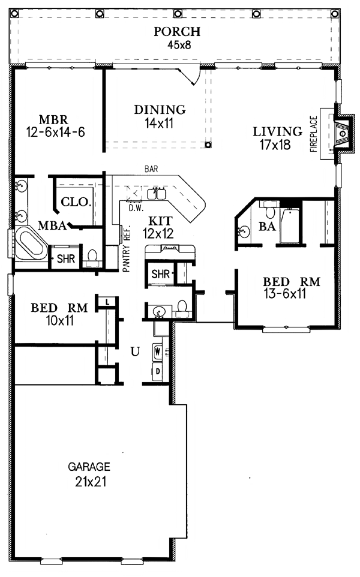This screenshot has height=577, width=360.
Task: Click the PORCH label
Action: [x=177, y=32]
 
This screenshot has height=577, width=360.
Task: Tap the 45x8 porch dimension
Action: [x=179, y=45]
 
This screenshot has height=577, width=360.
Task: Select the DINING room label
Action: [x=160, y=110]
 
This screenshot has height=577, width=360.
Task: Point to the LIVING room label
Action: [x=278, y=131]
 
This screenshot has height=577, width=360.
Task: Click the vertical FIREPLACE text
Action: [x=314, y=134]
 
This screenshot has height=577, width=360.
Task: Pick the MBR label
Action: [x=54, y=119]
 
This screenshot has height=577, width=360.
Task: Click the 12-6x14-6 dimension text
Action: [x=56, y=132]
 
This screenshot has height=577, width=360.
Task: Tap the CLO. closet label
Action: [x=76, y=202]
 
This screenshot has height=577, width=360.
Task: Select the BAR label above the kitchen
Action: [x=151, y=169]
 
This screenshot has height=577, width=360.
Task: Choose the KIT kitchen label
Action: [x=160, y=221]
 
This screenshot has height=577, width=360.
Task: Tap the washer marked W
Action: [x=158, y=351]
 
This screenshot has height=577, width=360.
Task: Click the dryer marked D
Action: [x=158, y=371]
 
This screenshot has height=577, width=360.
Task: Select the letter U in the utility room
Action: [x=136, y=352]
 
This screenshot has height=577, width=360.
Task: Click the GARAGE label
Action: [x=89, y=467]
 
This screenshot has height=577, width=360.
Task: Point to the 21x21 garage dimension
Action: [x=91, y=482]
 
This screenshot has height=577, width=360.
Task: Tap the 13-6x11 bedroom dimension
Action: [x=284, y=294]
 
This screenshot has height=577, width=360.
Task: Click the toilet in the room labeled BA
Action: [x=270, y=211]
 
